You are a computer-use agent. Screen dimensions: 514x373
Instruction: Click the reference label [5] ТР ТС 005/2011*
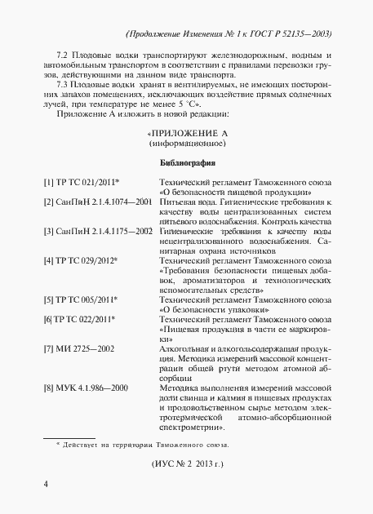click(82, 321)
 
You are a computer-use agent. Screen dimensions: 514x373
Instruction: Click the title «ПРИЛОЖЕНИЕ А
click(187, 133)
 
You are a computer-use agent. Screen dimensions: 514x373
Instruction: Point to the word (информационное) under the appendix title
click(187, 143)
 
